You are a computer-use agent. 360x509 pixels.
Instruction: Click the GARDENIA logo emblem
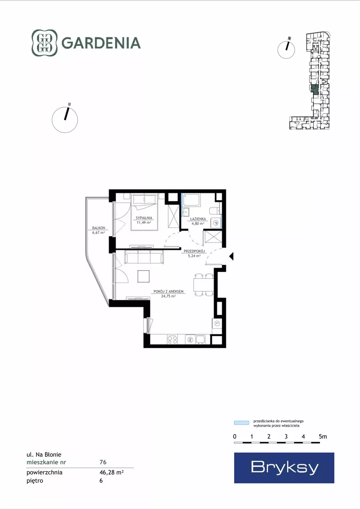pyautogui.click(x=45, y=43)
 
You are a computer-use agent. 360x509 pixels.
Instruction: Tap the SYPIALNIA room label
pyautogui.click(x=144, y=218)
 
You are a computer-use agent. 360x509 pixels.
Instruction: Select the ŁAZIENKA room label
pyautogui.click(x=198, y=219)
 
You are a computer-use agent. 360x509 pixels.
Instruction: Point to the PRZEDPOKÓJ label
pyautogui.click(x=194, y=251)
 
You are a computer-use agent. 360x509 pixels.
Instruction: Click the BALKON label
pyautogui.click(x=99, y=228)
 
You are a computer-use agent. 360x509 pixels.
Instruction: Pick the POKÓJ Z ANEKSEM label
pyautogui.click(x=169, y=292)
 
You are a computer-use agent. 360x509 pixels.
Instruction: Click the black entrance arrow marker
pyautogui.click(x=231, y=257)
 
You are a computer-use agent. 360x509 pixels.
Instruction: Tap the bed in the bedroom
pyautogui.click(x=145, y=212)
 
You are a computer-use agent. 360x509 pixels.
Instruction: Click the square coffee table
pyautogui.click(x=144, y=276)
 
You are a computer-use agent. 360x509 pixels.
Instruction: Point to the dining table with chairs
pyautogui.click(x=204, y=285)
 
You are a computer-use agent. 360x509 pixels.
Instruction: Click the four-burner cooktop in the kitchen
pyautogui.click(x=172, y=339)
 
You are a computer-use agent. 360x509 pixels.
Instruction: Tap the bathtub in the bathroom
pyautogui.click(x=191, y=200)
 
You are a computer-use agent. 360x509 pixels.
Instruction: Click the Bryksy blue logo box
pyautogui.click(x=284, y=468)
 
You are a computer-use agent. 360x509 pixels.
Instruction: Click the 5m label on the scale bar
pyautogui.click(x=323, y=437)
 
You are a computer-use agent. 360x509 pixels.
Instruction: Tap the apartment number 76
pyautogui.click(x=103, y=462)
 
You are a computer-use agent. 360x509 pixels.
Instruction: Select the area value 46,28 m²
pyautogui.click(x=111, y=472)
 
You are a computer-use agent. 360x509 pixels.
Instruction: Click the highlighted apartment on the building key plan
pyautogui.click(x=314, y=89)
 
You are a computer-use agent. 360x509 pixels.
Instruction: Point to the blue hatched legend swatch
pyautogui.click(x=242, y=423)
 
